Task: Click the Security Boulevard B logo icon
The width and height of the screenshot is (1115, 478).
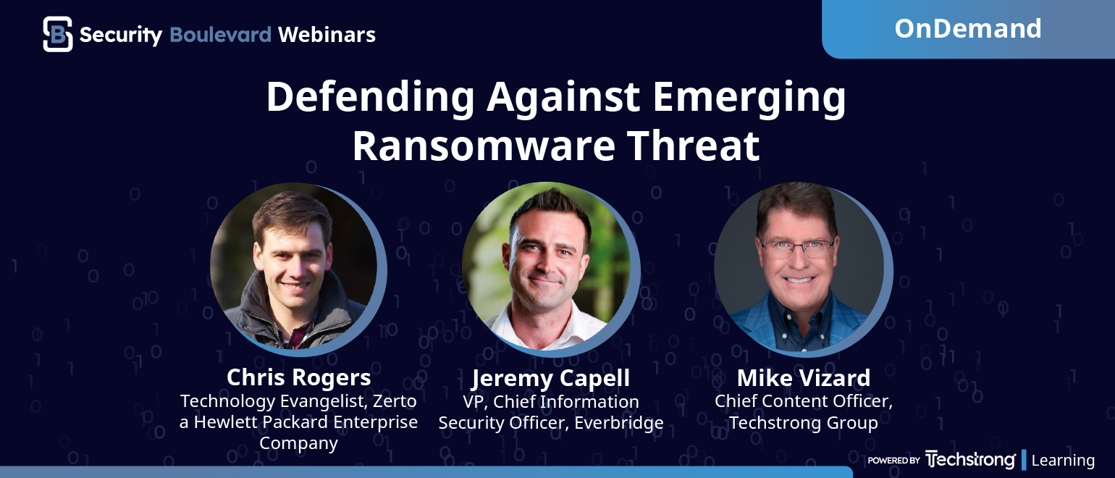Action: click(58, 34)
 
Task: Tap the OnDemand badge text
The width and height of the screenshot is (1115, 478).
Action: click(967, 28)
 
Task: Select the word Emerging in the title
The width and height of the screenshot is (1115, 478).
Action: click(749, 98)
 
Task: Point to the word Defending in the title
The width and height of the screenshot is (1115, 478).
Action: click(371, 98)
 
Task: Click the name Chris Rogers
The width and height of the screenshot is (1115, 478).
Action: click(298, 377)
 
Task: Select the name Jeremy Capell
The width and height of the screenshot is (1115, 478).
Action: click(550, 378)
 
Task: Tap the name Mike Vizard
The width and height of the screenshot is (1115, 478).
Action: click(804, 378)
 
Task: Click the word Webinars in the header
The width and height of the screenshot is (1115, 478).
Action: click(327, 35)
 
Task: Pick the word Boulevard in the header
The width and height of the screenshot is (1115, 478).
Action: click(221, 35)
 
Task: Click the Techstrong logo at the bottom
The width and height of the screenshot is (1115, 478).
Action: click(970, 460)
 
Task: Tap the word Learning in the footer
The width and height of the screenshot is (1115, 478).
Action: click(1063, 461)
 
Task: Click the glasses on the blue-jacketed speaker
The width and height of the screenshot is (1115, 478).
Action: click(797, 248)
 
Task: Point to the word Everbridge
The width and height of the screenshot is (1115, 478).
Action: click(619, 423)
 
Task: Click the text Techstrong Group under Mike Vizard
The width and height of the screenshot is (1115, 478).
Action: click(804, 423)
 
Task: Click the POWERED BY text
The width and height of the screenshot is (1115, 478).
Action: click(893, 461)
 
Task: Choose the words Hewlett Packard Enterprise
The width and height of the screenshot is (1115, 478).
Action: click(306, 422)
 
